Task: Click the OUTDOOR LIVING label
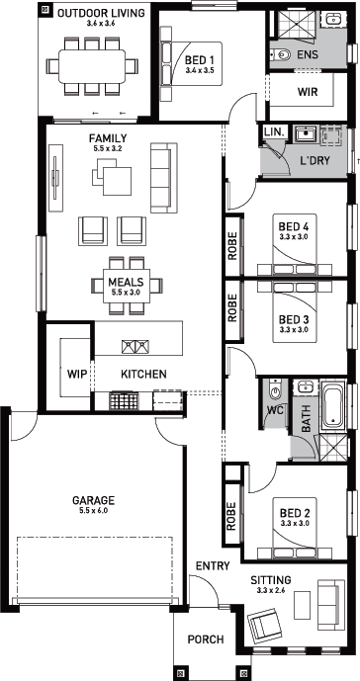(x=101, y=13)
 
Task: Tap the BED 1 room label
(x=200, y=60)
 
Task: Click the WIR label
(x=308, y=92)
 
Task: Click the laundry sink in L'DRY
(x=305, y=134)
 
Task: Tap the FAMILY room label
(x=108, y=138)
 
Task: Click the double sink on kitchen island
(x=135, y=346)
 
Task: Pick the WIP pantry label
(x=77, y=374)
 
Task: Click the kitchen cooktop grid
(x=124, y=400)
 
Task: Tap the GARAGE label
(x=94, y=500)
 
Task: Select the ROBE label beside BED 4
(x=232, y=245)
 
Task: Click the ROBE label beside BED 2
(x=230, y=516)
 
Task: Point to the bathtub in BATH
(x=334, y=405)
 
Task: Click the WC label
(x=275, y=409)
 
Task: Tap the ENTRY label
(x=213, y=566)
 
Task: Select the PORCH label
(x=206, y=639)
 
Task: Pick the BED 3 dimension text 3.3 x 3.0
(x=294, y=329)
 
